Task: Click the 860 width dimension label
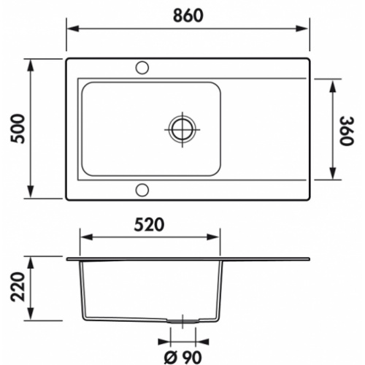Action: pyautogui.click(x=188, y=15)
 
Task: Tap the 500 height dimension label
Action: pyautogui.click(x=18, y=128)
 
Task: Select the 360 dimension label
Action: pyautogui.click(x=346, y=131)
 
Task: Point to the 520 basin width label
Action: pyautogui.click(x=149, y=225)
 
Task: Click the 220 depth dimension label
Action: pyautogui.click(x=18, y=287)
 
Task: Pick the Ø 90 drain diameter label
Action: pyautogui.click(x=182, y=357)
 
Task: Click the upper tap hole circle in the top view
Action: pyautogui.click(x=142, y=68)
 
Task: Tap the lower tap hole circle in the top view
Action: pyautogui.click(x=142, y=190)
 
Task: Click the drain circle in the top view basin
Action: pyautogui.click(x=182, y=129)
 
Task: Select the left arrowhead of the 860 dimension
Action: pyautogui.click(x=73, y=28)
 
